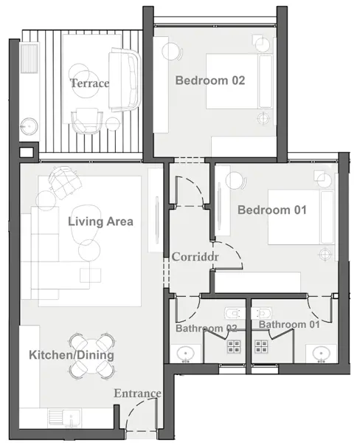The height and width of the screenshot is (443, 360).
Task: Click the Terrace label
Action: pyautogui.click(x=89, y=83)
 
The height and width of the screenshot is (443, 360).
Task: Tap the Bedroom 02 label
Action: pyautogui.click(x=210, y=80)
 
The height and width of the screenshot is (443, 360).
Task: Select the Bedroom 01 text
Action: pyautogui.click(x=272, y=210)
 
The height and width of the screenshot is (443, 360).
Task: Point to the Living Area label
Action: pyautogui.click(x=100, y=221)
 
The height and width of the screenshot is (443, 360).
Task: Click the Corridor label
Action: pyautogui.click(x=195, y=257)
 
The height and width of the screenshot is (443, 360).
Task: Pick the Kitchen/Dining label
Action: pyautogui.click(x=72, y=355)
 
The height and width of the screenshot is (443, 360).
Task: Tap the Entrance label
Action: pyautogui.click(x=137, y=394)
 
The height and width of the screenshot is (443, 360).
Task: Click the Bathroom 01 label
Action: pyautogui.click(x=289, y=325)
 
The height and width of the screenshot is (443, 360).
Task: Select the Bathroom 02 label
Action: pyautogui.click(x=207, y=329)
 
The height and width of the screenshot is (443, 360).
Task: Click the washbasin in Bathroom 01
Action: pyautogui.click(x=322, y=354)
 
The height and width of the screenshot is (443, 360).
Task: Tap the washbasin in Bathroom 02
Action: pyautogui.click(x=185, y=354)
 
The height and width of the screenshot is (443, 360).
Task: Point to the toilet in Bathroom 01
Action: pyautogui.click(x=262, y=314)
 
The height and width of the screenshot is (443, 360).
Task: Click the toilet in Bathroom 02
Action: pyautogui.click(x=235, y=314)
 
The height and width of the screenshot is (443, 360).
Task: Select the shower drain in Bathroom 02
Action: pyautogui.click(x=234, y=346)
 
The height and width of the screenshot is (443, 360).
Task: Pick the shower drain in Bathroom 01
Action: pyautogui.click(x=261, y=346)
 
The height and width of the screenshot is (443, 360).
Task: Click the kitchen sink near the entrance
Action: pyautogui.click(x=65, y=417)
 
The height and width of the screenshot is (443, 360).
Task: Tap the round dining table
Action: pyautogui.click(x=91, y=356)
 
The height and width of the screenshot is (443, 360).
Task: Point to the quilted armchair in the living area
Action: pyautogui.click(x=65, y=182)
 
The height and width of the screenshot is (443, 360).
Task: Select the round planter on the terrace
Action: pyautogui.click(x=29, y=127)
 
